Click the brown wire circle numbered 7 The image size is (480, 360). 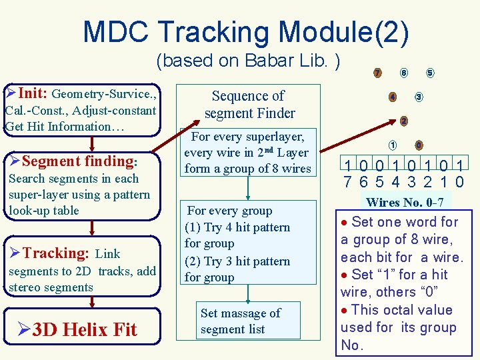377,73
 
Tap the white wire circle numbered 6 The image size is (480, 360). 404,73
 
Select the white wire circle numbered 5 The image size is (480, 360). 430,73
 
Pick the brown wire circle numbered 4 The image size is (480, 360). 393,97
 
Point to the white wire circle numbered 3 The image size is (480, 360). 419,97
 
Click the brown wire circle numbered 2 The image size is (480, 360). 404,121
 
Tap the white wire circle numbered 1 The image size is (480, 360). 393,145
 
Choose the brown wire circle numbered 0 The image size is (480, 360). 418,145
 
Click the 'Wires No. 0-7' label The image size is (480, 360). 406,202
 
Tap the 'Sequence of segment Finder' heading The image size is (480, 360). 249,104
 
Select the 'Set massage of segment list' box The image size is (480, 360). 240,321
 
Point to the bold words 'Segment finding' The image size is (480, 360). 78,161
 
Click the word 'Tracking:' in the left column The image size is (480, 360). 56,253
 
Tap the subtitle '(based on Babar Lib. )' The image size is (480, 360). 248,61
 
